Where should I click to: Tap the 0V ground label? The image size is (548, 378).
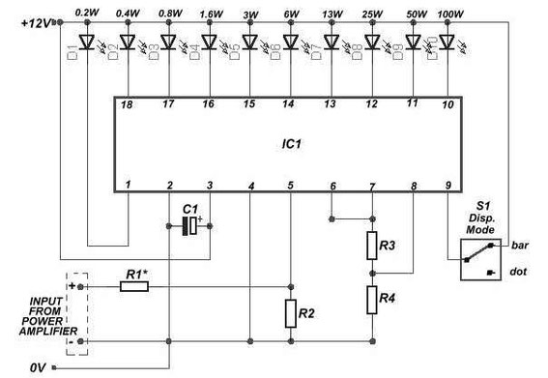click(36, 366)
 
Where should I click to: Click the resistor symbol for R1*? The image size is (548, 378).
click(134, 287)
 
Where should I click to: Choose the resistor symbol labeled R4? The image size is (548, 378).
click(372, 300)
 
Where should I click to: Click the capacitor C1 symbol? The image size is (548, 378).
click(188, 225)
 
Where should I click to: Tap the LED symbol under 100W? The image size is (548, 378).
click(446, 43)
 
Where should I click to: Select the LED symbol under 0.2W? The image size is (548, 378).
click(86, 43)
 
